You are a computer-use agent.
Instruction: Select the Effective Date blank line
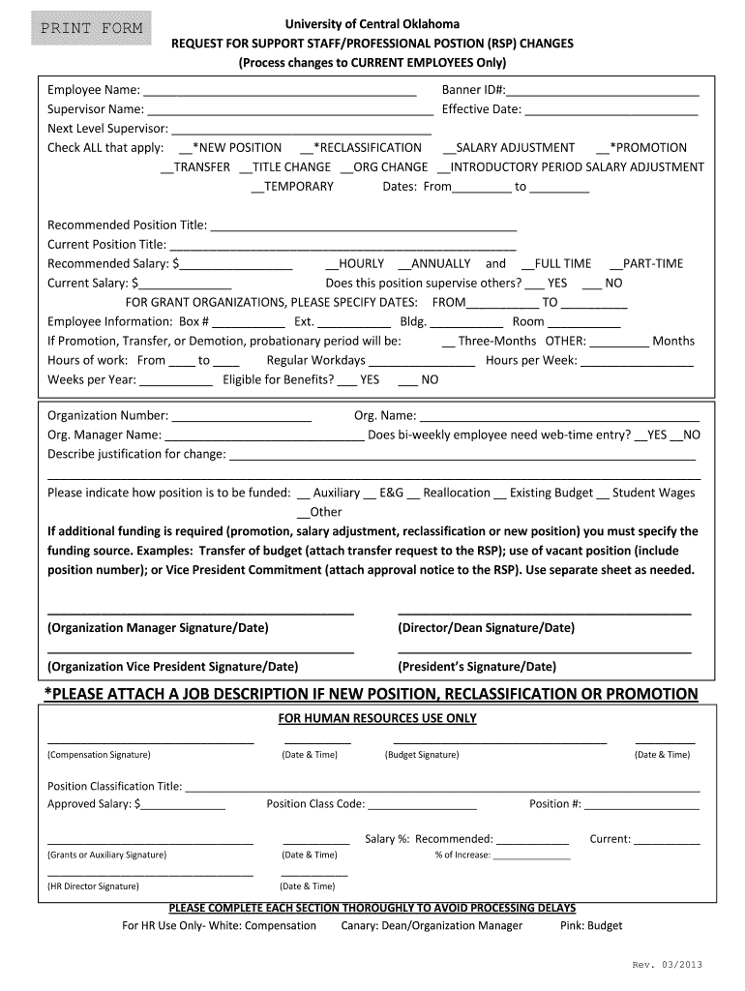pos(611,110)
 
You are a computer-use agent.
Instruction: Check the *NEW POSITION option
pos(186,149)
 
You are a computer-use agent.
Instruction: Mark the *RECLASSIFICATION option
pos(307,149)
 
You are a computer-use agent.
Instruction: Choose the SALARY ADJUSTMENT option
pos(449,149)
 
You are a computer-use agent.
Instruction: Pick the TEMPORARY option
pos(257,188)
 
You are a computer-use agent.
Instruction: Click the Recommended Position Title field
pos(363,226)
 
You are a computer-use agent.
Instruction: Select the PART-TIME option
pos(615,264)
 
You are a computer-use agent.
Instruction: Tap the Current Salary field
pos(185,285)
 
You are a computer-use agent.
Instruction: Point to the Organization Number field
pos(241,417)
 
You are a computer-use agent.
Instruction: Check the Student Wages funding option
pos(604,494)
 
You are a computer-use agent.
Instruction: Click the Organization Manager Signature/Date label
pos(158,628)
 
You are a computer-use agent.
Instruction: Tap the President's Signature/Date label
pos(477,667)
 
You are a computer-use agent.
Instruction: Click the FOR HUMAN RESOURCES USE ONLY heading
pos(377,718)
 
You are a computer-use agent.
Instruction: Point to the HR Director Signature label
pos(93,886)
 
